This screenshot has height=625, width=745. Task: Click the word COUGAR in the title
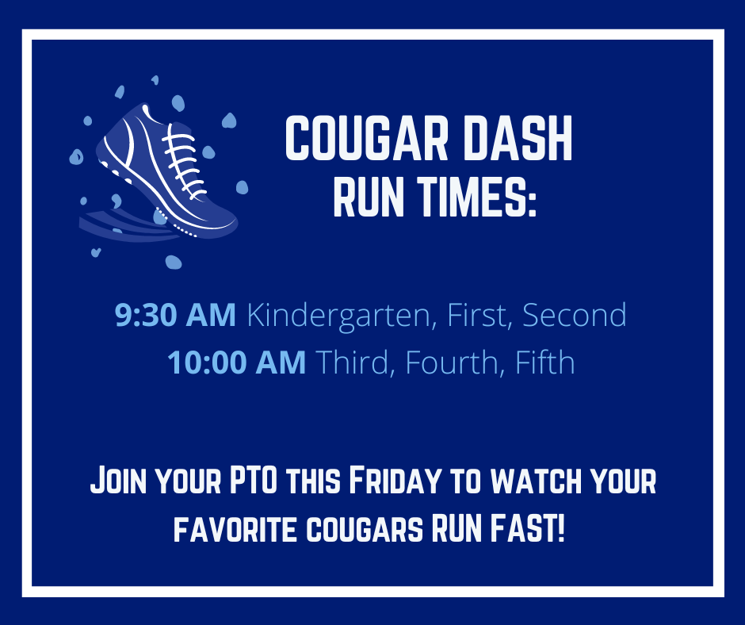[367, 139]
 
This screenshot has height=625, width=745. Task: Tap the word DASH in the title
[518, 139]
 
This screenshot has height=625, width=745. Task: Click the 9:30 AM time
[175, 315]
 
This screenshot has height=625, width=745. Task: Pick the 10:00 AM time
[236, 362]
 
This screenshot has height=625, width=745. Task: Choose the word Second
[575, 314]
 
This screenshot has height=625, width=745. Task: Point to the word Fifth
[545, 362]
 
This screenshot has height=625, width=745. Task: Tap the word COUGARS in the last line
[365, 528]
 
